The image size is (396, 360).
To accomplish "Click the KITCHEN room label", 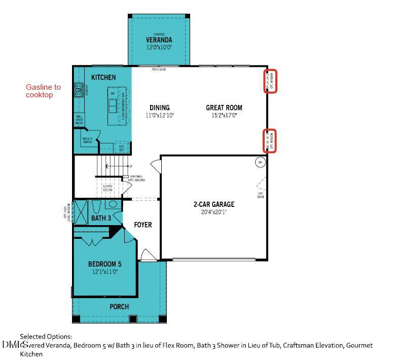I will coord(103,77).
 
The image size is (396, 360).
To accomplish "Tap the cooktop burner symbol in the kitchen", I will coord(79,90).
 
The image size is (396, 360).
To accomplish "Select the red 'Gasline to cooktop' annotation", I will coord(43,91).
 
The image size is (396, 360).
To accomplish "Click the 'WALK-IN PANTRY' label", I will coord(87,140).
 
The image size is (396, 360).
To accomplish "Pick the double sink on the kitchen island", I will coord(113,105).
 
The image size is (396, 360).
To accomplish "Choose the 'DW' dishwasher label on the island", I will coord(113,93).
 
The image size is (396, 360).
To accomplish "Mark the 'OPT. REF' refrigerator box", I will coord(121,148).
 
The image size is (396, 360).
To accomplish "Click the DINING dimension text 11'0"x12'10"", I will coord(160,116).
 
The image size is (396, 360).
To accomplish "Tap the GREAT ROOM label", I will coord(224,107).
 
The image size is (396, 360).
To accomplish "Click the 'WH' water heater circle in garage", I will coord(260,162).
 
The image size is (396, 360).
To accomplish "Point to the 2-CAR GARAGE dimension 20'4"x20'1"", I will coord(213,212).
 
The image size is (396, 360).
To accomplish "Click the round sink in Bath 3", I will coord(113,205).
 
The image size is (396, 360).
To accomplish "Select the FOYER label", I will coord(143,225).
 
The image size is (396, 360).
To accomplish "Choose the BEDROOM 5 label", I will coord(104,264).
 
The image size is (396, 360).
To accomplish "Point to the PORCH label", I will coord(119,306).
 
